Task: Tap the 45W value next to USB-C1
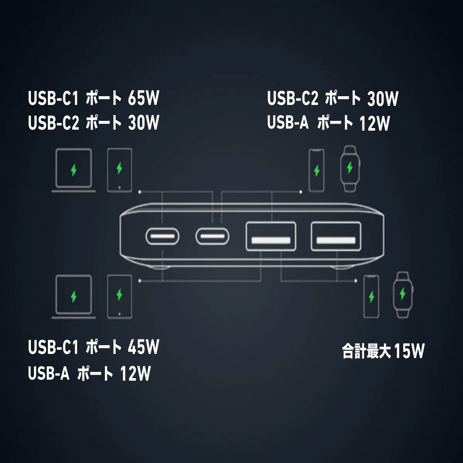coord(143,347)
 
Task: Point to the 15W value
coord(410,352)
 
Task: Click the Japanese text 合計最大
coord(367,352)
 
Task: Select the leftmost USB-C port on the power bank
coord(163,237)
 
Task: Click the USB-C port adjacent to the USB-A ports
coord(212,237)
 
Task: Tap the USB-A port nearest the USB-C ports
coord(271,237)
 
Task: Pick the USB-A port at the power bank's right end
coord(335,237)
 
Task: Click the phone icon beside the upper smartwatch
coord(316,170)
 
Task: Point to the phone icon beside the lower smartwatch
coord(371,297)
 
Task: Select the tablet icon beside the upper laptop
coord(119,169)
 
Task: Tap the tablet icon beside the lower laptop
coord(119,296)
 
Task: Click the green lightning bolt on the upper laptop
coord(74,169)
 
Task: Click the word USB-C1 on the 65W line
coord(52,98)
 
